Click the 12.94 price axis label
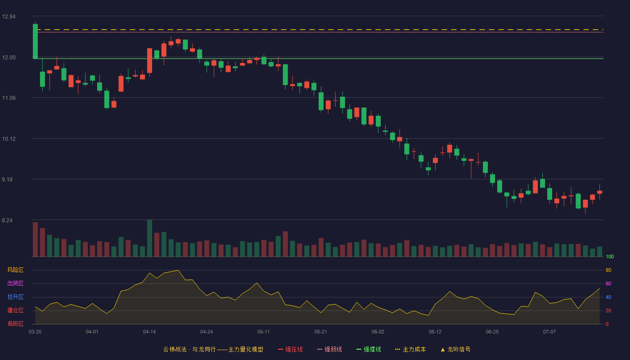point(9,17)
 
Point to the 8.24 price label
point(7,220)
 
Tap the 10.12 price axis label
point(9,139)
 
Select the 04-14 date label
point(149,332)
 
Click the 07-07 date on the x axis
point(549,332)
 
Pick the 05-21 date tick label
point(320,332)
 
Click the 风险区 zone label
point(15,270)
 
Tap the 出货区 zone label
point(15,283)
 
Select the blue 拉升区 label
point(15,297)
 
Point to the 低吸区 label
point(15,324)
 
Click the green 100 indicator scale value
point(610,256)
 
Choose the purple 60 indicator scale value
point(608,283)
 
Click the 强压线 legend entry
point(290,349)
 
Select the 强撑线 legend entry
point(369,349)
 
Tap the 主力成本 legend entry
point(410,349)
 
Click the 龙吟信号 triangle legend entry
point(455,349)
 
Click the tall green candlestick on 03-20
point(35,41)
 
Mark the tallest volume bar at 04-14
point(149,238)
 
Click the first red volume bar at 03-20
point(35,239)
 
